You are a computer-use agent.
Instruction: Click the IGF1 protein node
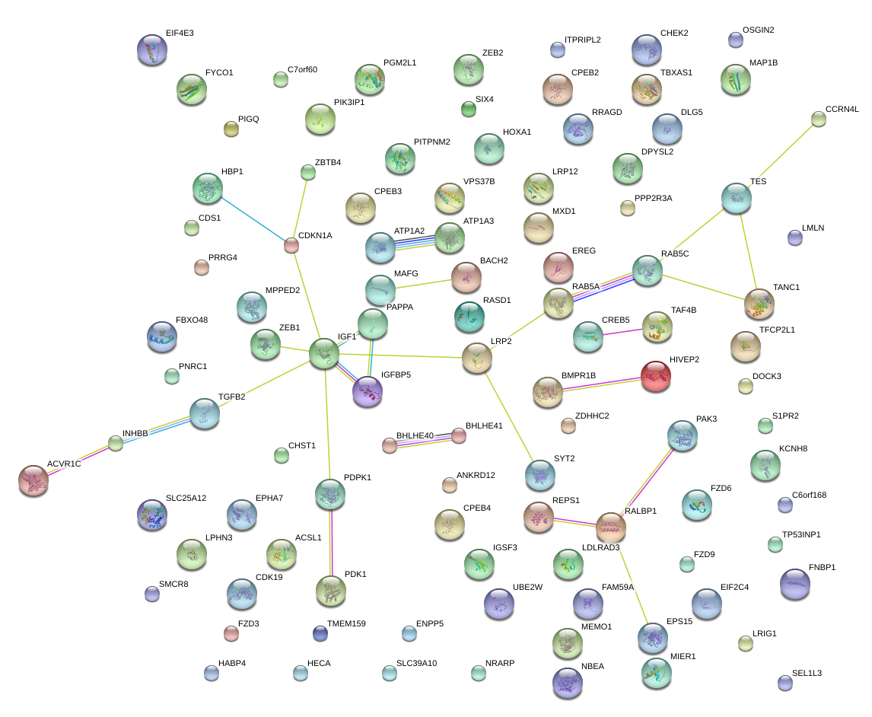pyautogui.click(x=324, y=354)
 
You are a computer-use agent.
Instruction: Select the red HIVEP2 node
pyautogui.click(x=655, y=376)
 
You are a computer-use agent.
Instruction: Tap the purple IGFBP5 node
pyautogui.click(x=368, y=391)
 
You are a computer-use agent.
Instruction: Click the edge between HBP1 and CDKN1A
pyautogui.click(x=249, y=217)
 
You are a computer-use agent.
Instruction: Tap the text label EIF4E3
pyautogui.click(x=180, y=34)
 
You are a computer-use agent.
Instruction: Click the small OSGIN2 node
pyautogui.click(x=735, y=40)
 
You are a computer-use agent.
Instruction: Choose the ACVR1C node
pyautogui.click(x=33, y=479)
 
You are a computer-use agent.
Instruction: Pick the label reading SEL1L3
pyautogui.click(x=807, y=673)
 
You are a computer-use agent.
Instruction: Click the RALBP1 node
pyautogui.click(x=610, y=526)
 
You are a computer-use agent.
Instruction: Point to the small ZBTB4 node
pyautogui.click(x=308, y=173)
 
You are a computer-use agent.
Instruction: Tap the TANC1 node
pyautogui.click(x=759, y=303)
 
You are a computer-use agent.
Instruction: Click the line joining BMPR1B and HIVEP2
pyautogui.click(x=601, y=384)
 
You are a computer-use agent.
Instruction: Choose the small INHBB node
pyautogui.click(x=115, y=443)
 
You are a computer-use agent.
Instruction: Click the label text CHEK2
pyautogui.click(x=674, y=33)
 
